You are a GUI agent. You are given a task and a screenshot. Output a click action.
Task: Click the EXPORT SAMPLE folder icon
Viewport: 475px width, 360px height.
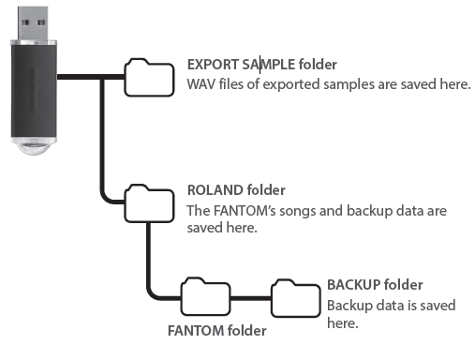(x=149, y=79)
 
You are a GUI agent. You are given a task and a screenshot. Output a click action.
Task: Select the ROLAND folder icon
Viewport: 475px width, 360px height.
(x=149, y=201)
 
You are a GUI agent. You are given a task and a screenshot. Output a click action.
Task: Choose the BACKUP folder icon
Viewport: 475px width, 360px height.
(x=295, y=297)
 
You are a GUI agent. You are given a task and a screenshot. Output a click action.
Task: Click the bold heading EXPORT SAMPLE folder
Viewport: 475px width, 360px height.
(x=261, y=65)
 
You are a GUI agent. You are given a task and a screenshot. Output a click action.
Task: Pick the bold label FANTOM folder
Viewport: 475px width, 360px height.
(x=216, y=330)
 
